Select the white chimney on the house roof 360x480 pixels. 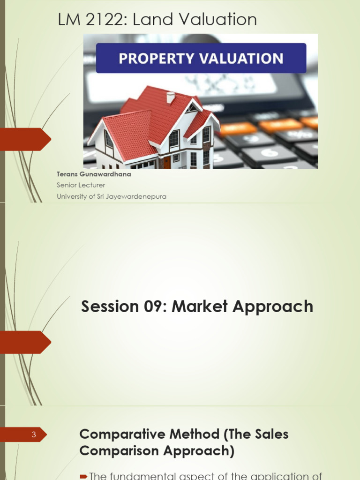pyautogui.click(x=171, y=97)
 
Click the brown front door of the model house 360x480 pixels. pyautogui.click(x=166, y=162)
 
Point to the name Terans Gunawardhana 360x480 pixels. pyautogui.click(x=94, y=175)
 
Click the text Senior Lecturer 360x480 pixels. pyautogui.click(x=81, y=185)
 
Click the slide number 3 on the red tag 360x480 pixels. pyautogui.click(x=34, y=435)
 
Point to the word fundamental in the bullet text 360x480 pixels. pyautogui.click(x=157, y=476)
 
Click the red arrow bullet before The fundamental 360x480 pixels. pyautogui.click(x=83, y=477)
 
